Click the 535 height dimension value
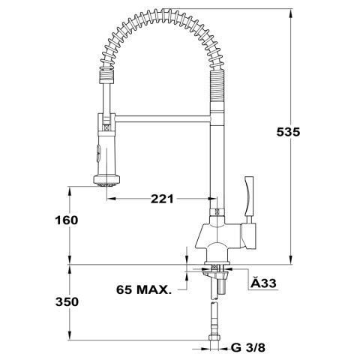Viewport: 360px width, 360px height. pos(288,132)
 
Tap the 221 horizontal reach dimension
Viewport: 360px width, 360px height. pos(162,199)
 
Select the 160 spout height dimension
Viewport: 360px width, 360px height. pos(67,220)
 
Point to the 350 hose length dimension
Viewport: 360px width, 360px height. pos(67,301)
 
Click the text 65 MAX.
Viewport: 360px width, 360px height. pos(144,289)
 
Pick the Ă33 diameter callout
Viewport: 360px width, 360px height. pos(263,283)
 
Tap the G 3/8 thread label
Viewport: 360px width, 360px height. pos(248,347)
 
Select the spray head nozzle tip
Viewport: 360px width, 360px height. pos(106,184)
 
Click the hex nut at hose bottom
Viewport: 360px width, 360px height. pos(214,337)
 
